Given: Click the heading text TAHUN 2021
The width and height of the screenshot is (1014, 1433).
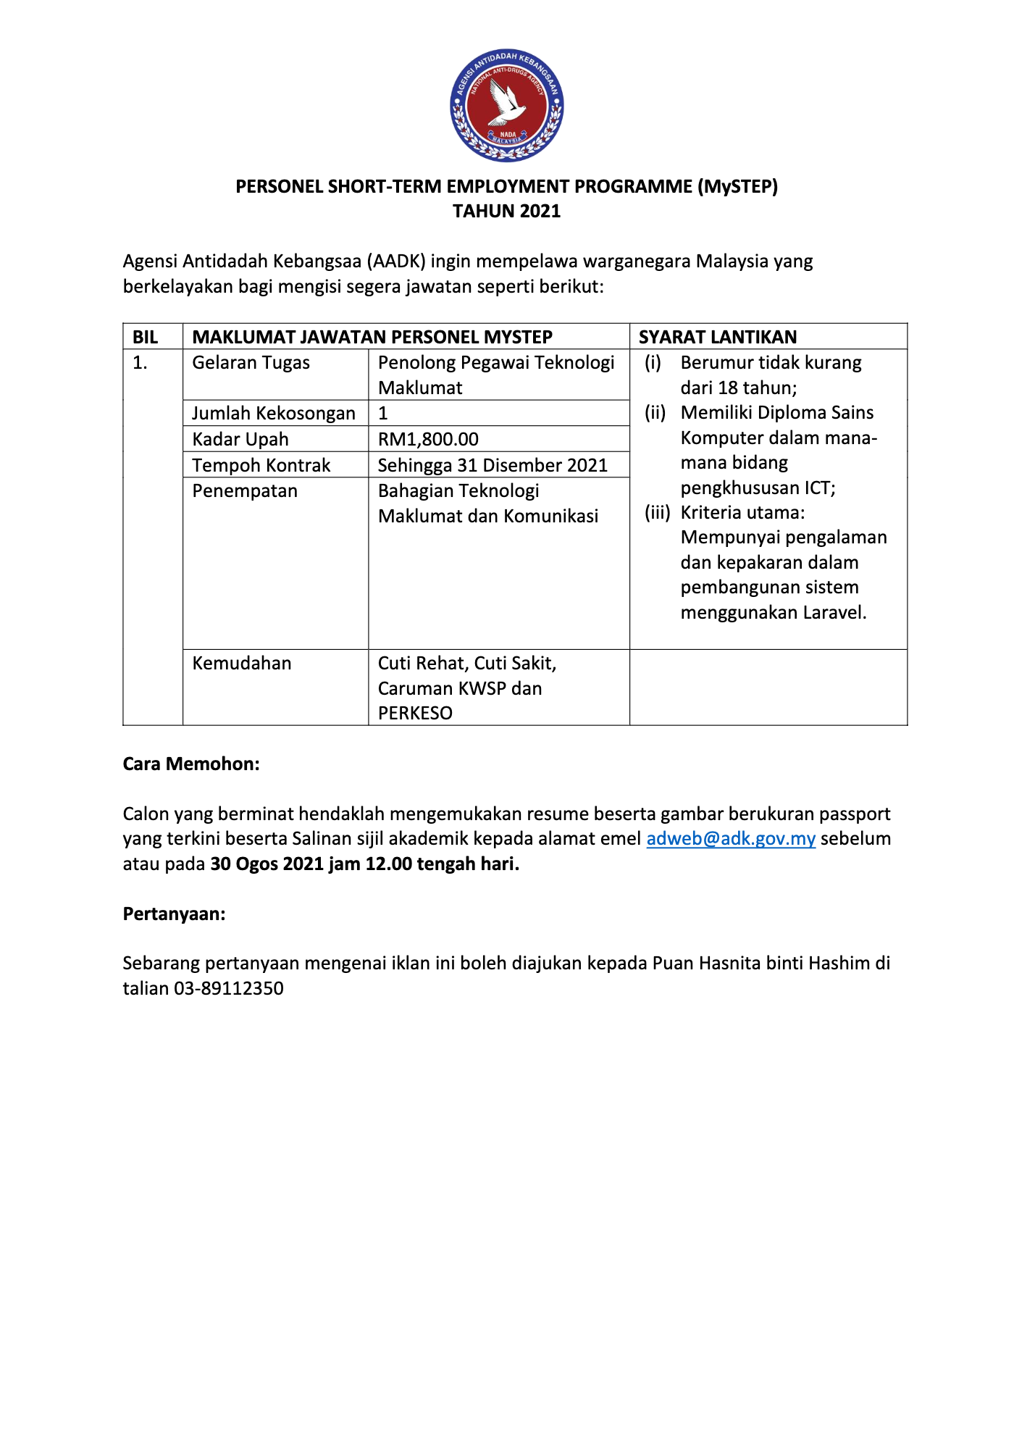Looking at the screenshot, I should pyautogui.click(x=506, y=211).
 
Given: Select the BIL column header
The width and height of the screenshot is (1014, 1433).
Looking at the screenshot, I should pyautogui.click(x=145, y=337).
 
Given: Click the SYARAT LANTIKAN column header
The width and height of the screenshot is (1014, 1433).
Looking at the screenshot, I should pyautogui.click(x=717, y=337).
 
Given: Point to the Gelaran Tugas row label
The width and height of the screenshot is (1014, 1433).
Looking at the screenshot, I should pyautogui.click(x=251, y=362).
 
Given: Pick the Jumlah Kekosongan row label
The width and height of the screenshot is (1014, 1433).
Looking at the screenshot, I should pyautogui.click(x=273, y=413).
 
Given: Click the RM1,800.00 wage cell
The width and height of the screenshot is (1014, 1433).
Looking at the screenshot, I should pyautogui.click(x=428, y=439).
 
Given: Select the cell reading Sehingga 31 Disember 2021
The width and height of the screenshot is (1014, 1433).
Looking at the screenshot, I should pyautogui.click(x=493, y=465).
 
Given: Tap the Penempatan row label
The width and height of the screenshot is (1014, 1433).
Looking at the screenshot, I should pyautogui.click(x=245, y=490).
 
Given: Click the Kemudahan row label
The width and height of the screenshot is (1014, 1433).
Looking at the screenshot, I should pyautogui.click(x=241, y=663).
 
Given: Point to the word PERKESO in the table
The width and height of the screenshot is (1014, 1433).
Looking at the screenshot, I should pyautogui.click(x=415, y=713).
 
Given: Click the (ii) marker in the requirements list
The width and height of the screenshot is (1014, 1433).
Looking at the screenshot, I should pyautogui.click(x=655, y=412).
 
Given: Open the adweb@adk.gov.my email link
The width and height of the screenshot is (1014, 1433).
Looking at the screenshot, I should pyautogui.click(x=731, y=838).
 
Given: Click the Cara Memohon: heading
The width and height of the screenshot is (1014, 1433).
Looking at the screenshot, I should pyautogui.click(x=191, y=764).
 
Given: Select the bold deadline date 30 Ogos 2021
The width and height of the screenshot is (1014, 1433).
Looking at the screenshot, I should pyautogui.click(x=267, y=864).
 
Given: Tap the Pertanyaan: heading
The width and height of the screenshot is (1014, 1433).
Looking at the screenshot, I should pyautogui.click(x=174, y=914).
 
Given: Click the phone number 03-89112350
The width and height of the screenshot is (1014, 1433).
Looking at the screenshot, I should pyautogui.click(x=229, y=988).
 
